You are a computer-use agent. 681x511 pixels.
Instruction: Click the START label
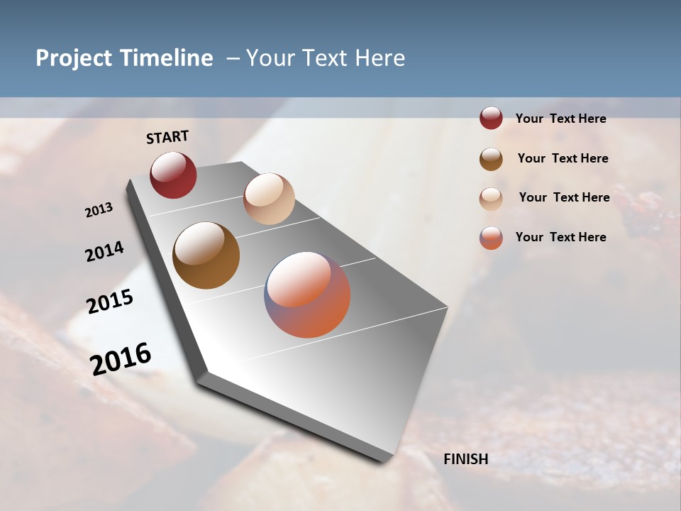[x=167, y=137]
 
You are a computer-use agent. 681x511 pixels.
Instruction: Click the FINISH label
[x=466, y=459]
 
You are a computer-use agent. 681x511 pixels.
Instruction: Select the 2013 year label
[x=99, y=209]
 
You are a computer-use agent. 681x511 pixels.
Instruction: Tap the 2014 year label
[x=104, y=251]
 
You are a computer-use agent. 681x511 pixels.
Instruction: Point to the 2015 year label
[x=110, y=302]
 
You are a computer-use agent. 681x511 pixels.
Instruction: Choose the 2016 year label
[x=121, y=358]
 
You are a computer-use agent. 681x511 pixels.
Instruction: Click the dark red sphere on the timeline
[x=173, y=175]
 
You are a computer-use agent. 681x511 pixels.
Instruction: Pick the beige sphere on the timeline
[x=269, y=198]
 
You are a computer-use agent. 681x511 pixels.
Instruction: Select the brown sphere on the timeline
[x=206, y=255]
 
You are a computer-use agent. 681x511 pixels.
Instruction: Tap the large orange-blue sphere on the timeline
[x=307, y=295]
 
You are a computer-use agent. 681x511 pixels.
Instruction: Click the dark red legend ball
[x=491, y=119]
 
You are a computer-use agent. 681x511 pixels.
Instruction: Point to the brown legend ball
[x=491, y=158]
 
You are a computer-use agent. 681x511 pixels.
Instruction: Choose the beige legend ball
[x=491, y=198]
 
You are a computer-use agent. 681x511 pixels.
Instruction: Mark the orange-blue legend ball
[x=491, y=238]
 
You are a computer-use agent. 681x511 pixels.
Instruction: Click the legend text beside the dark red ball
[x=560, y=119]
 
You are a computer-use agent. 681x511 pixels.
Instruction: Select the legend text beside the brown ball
[x=563, y=158]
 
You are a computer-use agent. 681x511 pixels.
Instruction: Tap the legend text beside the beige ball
[x=564, y=197]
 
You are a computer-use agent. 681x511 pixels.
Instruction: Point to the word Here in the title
[x=380, y=58]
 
